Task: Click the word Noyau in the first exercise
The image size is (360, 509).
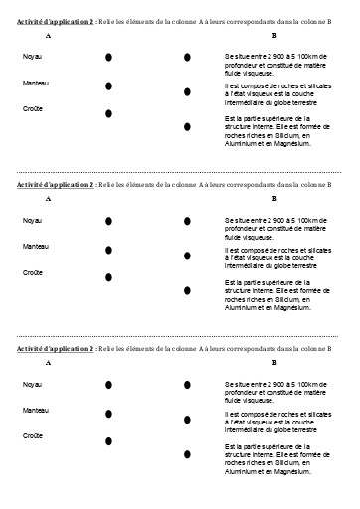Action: click(32, 57)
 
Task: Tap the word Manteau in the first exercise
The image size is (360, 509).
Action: click(35, 84)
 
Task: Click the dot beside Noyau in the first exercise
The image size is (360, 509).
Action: click(108, 59)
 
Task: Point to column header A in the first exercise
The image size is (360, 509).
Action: click(49, 35)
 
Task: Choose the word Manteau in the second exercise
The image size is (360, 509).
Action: click(35, 245)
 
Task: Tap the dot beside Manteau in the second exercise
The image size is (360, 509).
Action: click(108, 249)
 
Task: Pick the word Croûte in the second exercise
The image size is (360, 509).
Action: click(32, 271)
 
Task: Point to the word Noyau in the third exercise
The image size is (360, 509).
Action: click(32, 384)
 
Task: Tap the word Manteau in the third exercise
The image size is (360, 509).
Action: click(35, 410)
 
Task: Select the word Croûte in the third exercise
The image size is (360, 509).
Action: click(32, 435)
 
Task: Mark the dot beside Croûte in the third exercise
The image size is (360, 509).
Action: click(108, 440)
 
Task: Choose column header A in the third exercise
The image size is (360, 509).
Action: click(49, 364)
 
